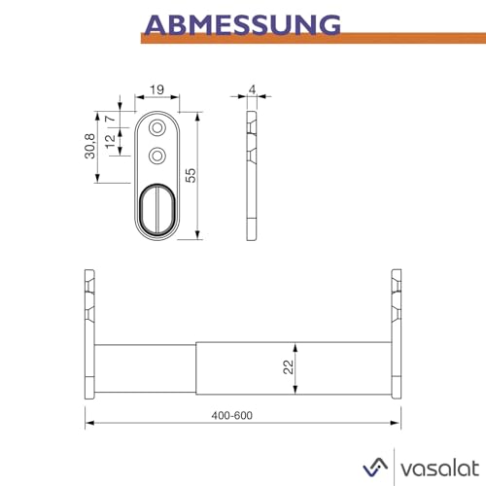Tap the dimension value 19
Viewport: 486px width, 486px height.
coord(156,90)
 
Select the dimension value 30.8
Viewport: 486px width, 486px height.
coord(89,145)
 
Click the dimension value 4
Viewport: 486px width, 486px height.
coord(252,90)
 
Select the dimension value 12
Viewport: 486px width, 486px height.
coord(111,140)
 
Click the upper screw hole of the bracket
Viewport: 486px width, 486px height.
coord(156,127)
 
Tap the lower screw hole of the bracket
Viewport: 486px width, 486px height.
coord(156,154)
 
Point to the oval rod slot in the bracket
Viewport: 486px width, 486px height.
coord(156,206)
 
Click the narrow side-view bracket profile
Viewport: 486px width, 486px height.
coord(253,176)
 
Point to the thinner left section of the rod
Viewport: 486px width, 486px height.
coord(146,366)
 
